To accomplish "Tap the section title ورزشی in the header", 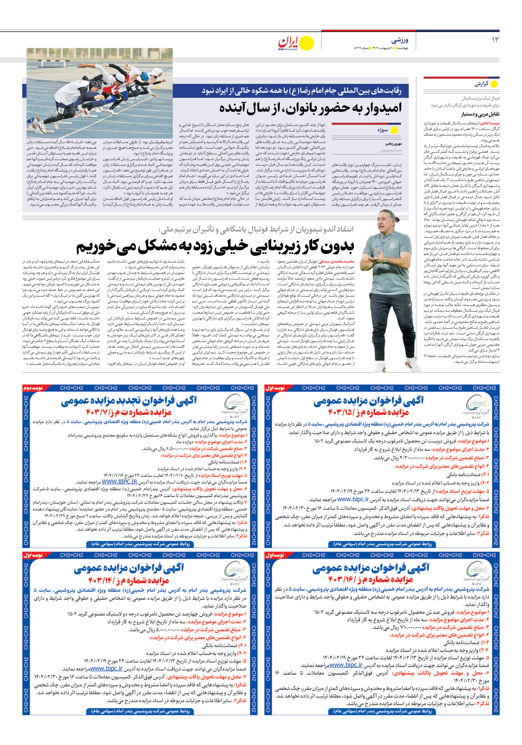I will click(400, 40).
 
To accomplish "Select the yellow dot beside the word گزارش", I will click(494, 84).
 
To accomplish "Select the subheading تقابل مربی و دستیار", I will click(480, 114).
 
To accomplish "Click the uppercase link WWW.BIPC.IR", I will click(119, 482).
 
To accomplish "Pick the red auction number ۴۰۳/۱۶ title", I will click(370, 580).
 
